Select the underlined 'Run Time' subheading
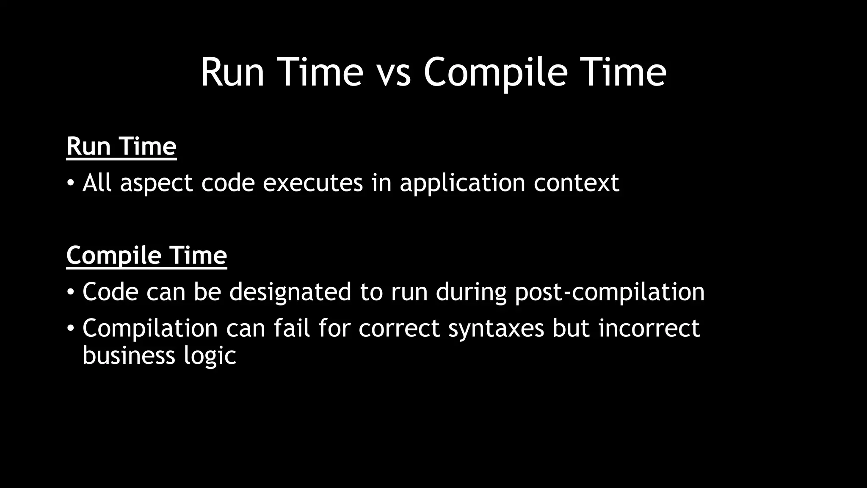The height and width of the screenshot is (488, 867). coord(121,147)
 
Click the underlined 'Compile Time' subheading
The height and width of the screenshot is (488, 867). coord(146,255)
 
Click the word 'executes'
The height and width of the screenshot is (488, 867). coord(313,183)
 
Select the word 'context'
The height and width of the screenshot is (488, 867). coord(576,183)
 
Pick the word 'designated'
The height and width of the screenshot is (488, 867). coord(290,292)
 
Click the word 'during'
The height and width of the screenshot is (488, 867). coord(471,292)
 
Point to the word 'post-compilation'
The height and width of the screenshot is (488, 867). coord(610,292)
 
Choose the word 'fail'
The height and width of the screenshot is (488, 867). coord(292,328)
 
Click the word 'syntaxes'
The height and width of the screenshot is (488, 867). coord(496,329)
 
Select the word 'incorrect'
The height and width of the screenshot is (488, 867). coord(649,328)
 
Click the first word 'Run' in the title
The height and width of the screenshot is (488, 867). coord(232,73)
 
